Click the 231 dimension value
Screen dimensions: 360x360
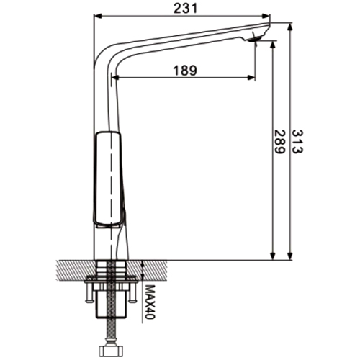(x=185, y=9)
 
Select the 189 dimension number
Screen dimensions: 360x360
(x=185, y=71)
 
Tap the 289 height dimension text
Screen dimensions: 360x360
(x=279, y=142)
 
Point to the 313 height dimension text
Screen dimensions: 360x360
(x=297, y=142)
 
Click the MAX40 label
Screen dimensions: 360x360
(x=150, y=302)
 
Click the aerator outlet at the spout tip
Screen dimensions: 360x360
(x=255, y=39)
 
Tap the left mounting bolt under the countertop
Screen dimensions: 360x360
(x=89, y=291)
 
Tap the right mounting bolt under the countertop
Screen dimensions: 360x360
(x=132, y=291)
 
